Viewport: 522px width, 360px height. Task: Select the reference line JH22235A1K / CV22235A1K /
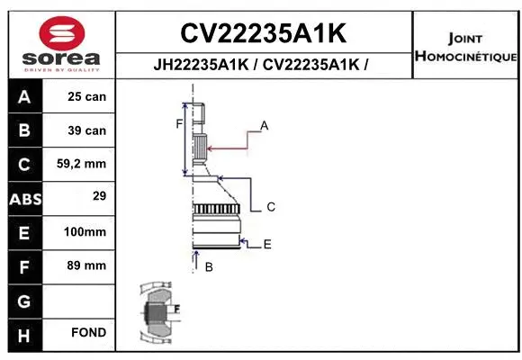pos(263,64)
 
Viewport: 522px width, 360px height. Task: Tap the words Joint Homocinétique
pos(465,48)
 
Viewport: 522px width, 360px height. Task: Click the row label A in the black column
pos(24,96)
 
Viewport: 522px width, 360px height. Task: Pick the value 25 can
pos(87,96)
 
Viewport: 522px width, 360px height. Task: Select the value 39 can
pos(87,130)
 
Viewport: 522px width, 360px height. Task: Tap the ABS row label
pos(24,198)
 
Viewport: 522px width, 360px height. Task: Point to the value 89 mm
pos(87,265)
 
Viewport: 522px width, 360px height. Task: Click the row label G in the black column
pos(24,300)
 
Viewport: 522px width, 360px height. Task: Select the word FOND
pos(89,333)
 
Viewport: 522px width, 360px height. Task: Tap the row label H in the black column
pos(24,334)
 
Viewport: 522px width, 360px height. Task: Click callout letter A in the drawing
pos(265,125)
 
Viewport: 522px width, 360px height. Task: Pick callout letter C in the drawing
pos(270,207)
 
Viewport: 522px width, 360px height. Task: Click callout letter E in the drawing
pos(267,244)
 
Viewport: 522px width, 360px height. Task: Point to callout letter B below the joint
pos(209,267)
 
